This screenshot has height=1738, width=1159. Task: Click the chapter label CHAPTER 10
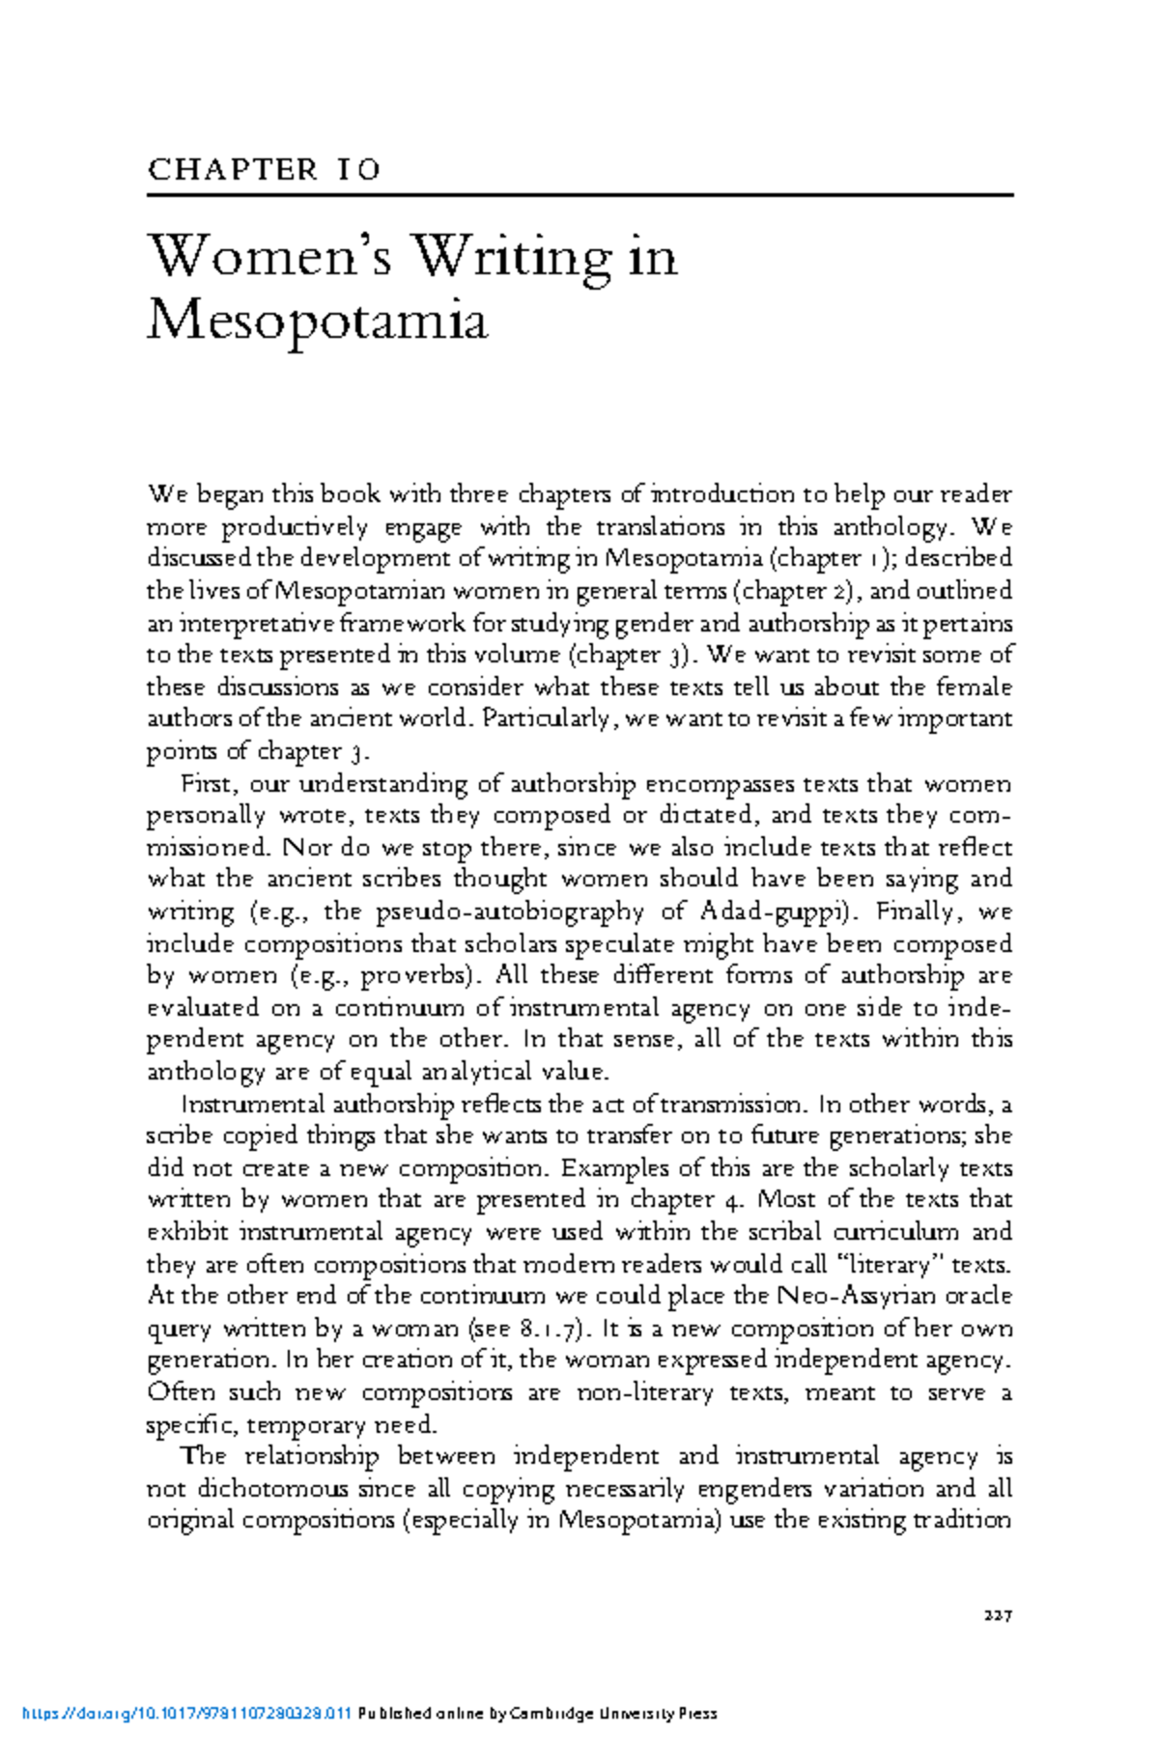pos(264,170)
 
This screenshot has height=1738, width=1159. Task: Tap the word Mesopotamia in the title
pos(318,321)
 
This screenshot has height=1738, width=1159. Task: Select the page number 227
pos(997,1614)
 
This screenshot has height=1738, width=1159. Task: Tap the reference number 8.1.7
pos(549,1329)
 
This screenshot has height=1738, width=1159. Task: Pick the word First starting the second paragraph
pos(203,784)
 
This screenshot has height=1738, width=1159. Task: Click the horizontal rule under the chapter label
pos(579,196)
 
